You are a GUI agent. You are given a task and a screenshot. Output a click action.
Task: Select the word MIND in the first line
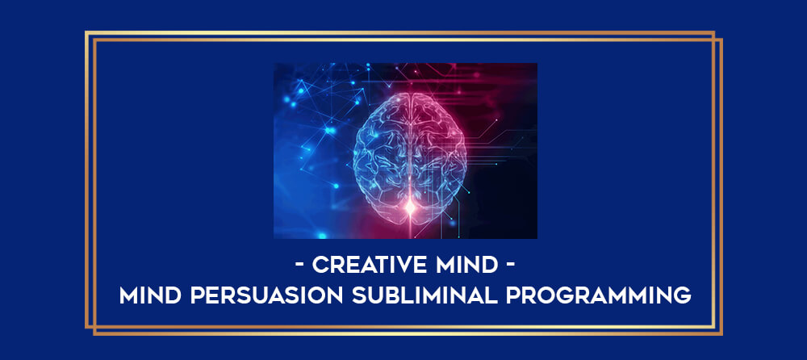(x=468, y=266)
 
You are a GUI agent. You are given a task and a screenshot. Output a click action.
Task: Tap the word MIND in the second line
(x=150, y=295)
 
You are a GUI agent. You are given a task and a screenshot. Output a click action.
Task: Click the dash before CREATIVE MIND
(x=300, y=266)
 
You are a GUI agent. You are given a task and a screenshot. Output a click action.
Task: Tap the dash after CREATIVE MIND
(x=508, y=266)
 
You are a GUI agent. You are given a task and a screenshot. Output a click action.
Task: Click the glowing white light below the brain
(x=410, y=207)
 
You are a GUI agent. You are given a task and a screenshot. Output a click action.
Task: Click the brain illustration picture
(x=405, y=151)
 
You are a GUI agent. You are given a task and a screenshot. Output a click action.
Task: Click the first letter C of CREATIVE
(x=320, y=266)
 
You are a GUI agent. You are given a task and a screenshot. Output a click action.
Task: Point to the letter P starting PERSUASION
(x=197, y=295)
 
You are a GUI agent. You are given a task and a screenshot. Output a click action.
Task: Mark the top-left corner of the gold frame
(x=86, y=32)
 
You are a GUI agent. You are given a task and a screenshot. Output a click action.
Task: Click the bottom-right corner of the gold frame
(x=721, y=334)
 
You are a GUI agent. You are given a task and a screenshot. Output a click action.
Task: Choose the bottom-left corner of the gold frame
(x=86, y=327)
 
